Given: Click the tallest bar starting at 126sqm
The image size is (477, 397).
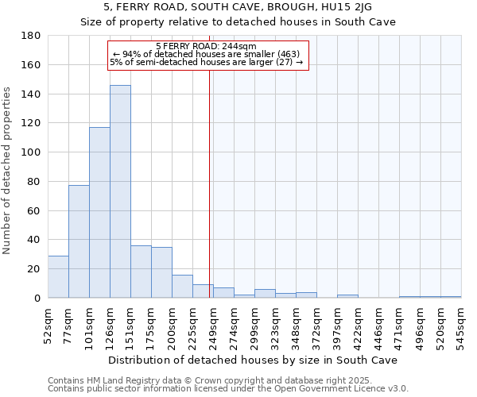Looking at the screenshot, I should (120, 191).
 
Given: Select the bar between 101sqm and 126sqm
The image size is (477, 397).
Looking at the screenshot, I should (99, 213).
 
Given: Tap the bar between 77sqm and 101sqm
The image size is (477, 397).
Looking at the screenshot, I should (79, 241).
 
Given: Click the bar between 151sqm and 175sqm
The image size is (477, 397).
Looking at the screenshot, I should (141, 272).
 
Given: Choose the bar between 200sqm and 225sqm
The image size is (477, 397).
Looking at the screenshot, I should (182, 286).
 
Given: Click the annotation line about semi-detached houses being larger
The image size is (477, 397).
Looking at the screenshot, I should (207, 62).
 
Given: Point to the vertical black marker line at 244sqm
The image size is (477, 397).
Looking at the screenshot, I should (209, 183).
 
